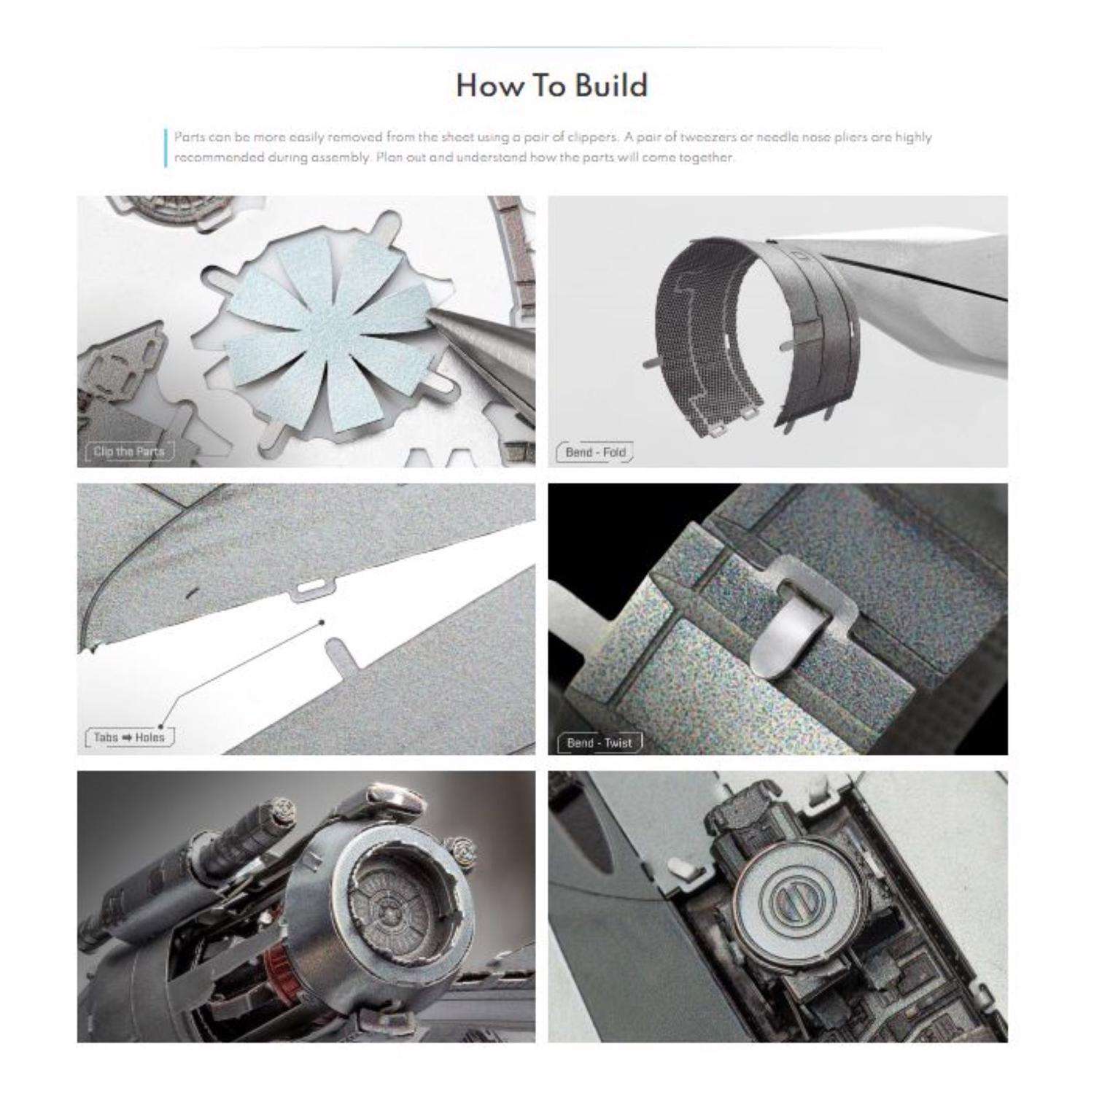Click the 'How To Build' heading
pos(551,86)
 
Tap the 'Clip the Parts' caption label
pos(129,451)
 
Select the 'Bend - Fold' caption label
pos(595,452)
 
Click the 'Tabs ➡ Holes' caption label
pos(129,737)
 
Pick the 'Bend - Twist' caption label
pos(599,743)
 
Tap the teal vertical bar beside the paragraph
pos(166,148)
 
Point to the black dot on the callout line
pos(322,623)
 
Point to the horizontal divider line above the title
pos(540,48)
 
